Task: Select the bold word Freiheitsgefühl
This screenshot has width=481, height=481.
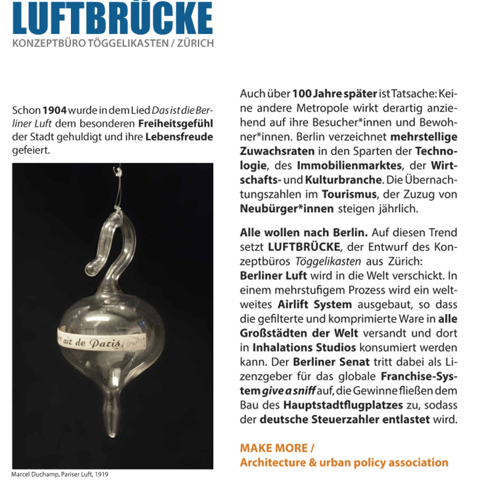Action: [x=176, y=123]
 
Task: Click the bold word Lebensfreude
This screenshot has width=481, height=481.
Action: [x=179, y=136]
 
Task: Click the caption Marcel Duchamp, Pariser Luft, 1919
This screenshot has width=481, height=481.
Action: [x=59, y=475]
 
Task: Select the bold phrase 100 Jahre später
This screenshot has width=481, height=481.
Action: [x=334, y=94]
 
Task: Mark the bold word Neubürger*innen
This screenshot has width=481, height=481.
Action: [x=287, y=208]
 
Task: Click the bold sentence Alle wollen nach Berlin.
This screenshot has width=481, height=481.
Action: [x=304, y=232]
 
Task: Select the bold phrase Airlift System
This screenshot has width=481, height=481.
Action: [x=314, y=304]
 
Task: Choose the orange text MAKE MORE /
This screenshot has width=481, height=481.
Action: [x=277, y=448]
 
